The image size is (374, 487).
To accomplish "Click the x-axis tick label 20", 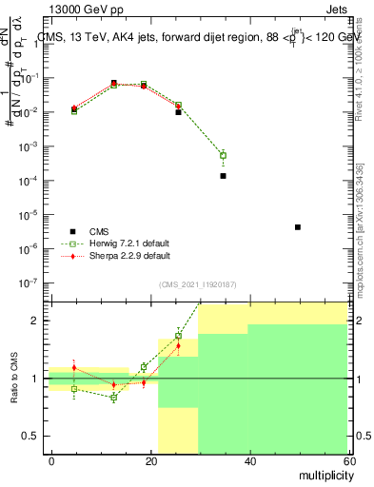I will coord(151,459).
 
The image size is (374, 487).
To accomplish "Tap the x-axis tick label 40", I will coord(249,459).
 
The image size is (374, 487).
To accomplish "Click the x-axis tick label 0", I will coord(52,459).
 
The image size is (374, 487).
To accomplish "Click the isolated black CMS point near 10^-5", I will coord(298,227).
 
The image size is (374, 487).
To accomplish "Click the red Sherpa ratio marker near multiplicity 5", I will coord(74,367).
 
